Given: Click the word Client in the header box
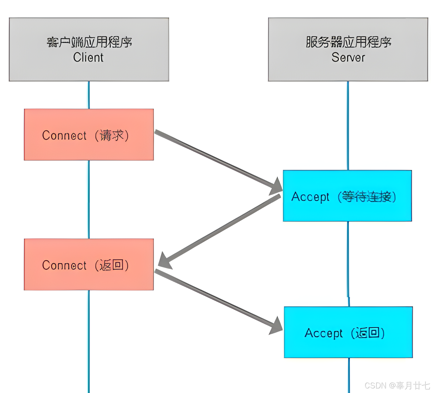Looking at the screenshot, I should [x=88, y=57].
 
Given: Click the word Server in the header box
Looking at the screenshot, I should [x=348, y=57].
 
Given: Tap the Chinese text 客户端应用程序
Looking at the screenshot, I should [x=89, y=42].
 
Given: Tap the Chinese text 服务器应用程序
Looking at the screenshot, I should [x=348, y=42].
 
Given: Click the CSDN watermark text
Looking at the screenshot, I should [x=397, y=385].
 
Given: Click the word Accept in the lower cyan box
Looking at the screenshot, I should [x=323, y=333].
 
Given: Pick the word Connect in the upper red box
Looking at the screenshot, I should [x=64, y=135].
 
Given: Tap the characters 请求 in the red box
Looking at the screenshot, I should [x=112, y=135].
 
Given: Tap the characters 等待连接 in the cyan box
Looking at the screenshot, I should [x=366, y=197].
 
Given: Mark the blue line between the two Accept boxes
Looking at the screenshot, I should [x=348, y=263].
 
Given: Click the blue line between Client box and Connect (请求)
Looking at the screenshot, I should [x=89, y=95].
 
